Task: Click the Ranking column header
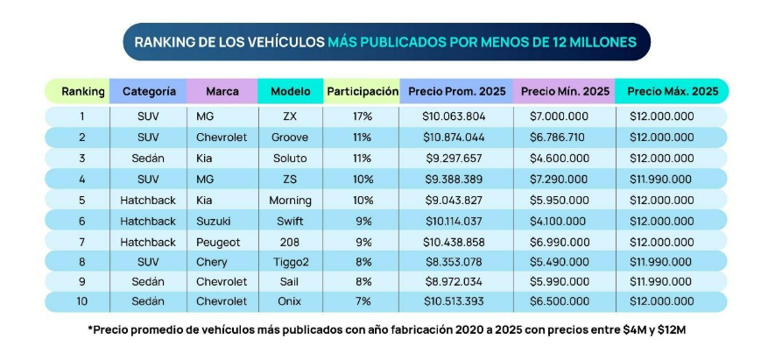[x=83, y=91]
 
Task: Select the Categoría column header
[x=149, y=91]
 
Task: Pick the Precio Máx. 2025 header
[x=673, y=91]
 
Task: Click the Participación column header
[x=362, y=91]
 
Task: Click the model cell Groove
[x=290, y=138]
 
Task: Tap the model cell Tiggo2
[x=290, y=262]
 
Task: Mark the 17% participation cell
[x=362, y=116]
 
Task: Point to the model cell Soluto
[x=290, y=159]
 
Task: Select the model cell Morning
[x=290, y=201]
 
